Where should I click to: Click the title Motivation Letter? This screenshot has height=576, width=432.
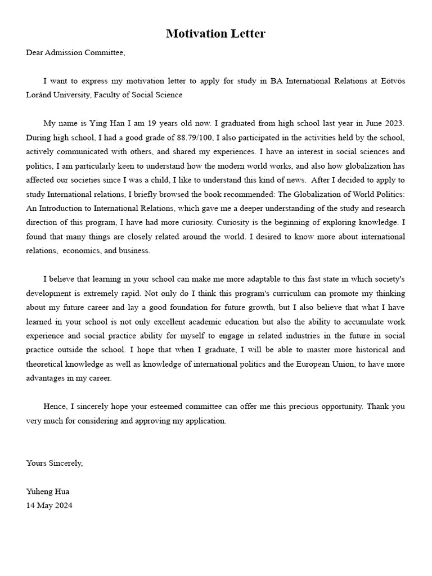215,34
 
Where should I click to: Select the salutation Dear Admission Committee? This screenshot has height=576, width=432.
75,53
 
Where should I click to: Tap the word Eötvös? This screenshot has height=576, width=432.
391,82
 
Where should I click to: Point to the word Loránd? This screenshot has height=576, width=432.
39,95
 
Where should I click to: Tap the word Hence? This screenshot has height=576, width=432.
54,407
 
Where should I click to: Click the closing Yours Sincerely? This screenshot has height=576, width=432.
55,463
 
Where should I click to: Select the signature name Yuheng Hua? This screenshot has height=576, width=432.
48,492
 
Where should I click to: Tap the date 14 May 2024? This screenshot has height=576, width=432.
49,505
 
